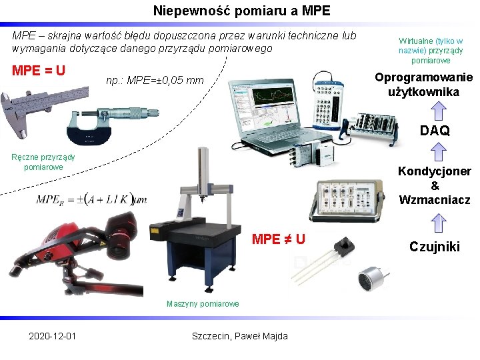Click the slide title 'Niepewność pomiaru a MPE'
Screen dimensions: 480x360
241,11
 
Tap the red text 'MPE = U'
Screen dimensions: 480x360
39,69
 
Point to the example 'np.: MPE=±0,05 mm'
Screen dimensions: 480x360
155,81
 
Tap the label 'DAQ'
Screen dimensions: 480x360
435,131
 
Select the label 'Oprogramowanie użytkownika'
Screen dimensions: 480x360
423,85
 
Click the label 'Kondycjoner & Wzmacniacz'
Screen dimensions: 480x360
435,185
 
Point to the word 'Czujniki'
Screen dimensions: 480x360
435,247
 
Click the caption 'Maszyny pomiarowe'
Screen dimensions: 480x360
202,304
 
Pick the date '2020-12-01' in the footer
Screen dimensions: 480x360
52,335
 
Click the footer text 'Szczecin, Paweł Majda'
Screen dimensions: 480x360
239,335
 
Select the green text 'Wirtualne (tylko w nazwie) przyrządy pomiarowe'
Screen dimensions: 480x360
430,51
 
